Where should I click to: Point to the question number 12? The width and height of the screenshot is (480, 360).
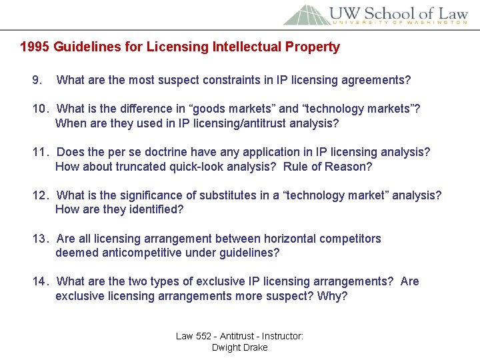point(41,195)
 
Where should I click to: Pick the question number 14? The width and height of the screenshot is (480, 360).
point(41,281)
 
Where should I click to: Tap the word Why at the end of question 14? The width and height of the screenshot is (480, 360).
point(330,296)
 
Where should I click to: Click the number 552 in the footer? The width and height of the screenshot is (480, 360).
point(203,336)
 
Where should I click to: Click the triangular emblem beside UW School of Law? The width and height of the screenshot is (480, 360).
point(303,15)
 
